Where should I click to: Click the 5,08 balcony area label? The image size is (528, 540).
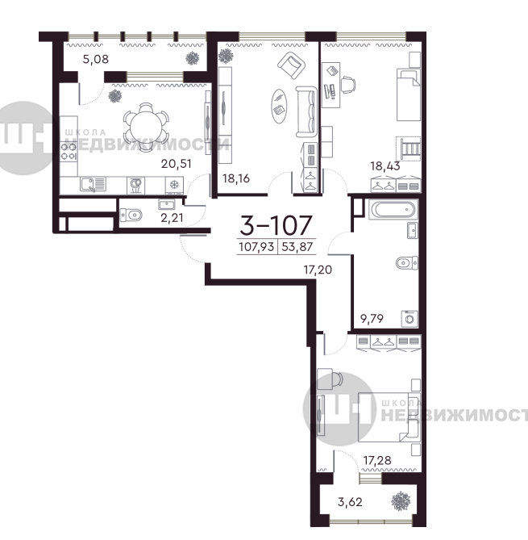96,59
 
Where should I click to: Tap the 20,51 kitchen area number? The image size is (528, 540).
176,164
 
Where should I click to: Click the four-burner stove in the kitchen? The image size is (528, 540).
69,152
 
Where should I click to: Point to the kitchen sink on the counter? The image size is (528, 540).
93,184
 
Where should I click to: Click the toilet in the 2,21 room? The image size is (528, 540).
131,216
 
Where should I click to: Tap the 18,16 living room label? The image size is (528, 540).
236,178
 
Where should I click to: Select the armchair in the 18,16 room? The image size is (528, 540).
291,65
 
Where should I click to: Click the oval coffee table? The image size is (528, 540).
279,106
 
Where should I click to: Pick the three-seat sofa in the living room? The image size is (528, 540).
306,112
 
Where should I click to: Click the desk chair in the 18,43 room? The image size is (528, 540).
348,85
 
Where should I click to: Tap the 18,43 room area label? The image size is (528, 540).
385,166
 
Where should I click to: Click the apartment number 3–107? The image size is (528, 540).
276,225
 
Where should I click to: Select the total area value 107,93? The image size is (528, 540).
256,247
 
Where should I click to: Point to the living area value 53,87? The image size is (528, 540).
297,247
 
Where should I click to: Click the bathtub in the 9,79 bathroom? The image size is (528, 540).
393,209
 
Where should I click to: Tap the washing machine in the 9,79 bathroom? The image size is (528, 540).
410,319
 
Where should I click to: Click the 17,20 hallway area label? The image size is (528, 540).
318,270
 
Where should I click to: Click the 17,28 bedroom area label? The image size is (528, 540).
377,460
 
